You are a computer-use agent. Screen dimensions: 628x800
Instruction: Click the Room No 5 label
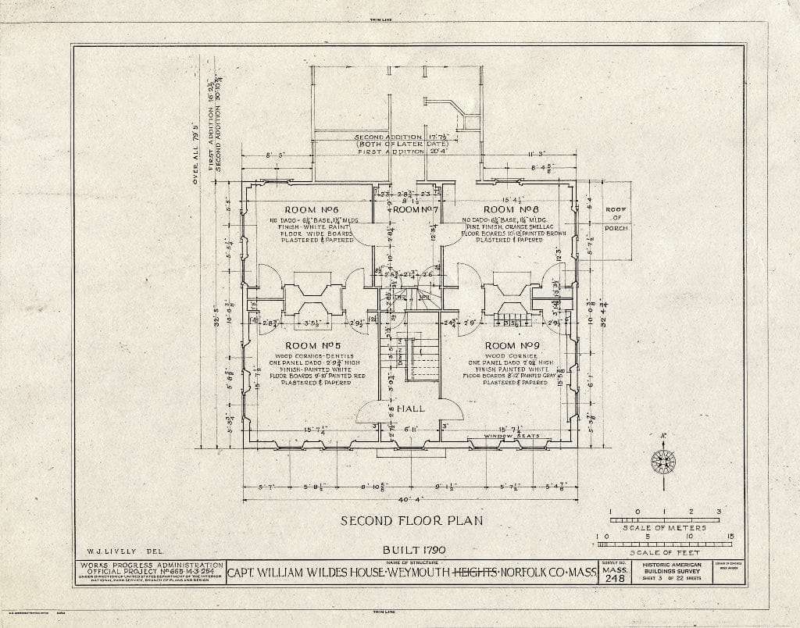[x=307, y=345]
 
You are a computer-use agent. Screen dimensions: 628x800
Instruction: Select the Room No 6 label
[x=308, y=210]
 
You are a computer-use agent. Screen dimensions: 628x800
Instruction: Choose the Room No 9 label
[x=512, y=345]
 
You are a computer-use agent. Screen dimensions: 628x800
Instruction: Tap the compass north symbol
[x=663, y=461]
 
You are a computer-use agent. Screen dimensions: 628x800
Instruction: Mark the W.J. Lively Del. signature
[x=109, y=550]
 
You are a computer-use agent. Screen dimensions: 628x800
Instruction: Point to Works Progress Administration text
[x=150, y=564]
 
